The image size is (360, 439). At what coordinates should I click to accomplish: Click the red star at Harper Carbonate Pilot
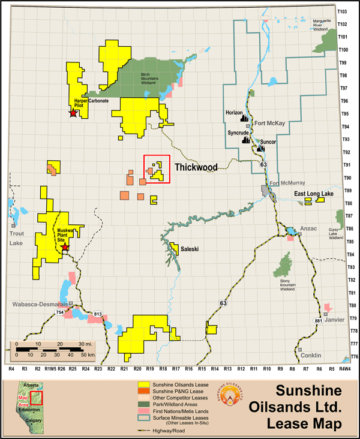pos(73,113)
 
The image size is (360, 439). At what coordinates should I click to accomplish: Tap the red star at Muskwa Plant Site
pos(65,246)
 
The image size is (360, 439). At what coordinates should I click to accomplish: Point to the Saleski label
pos(189,248)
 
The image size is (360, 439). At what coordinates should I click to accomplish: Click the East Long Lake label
pos(310,194)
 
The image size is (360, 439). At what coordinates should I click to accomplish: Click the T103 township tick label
pos(343,11)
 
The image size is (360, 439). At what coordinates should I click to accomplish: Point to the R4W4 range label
pos(344,370)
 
